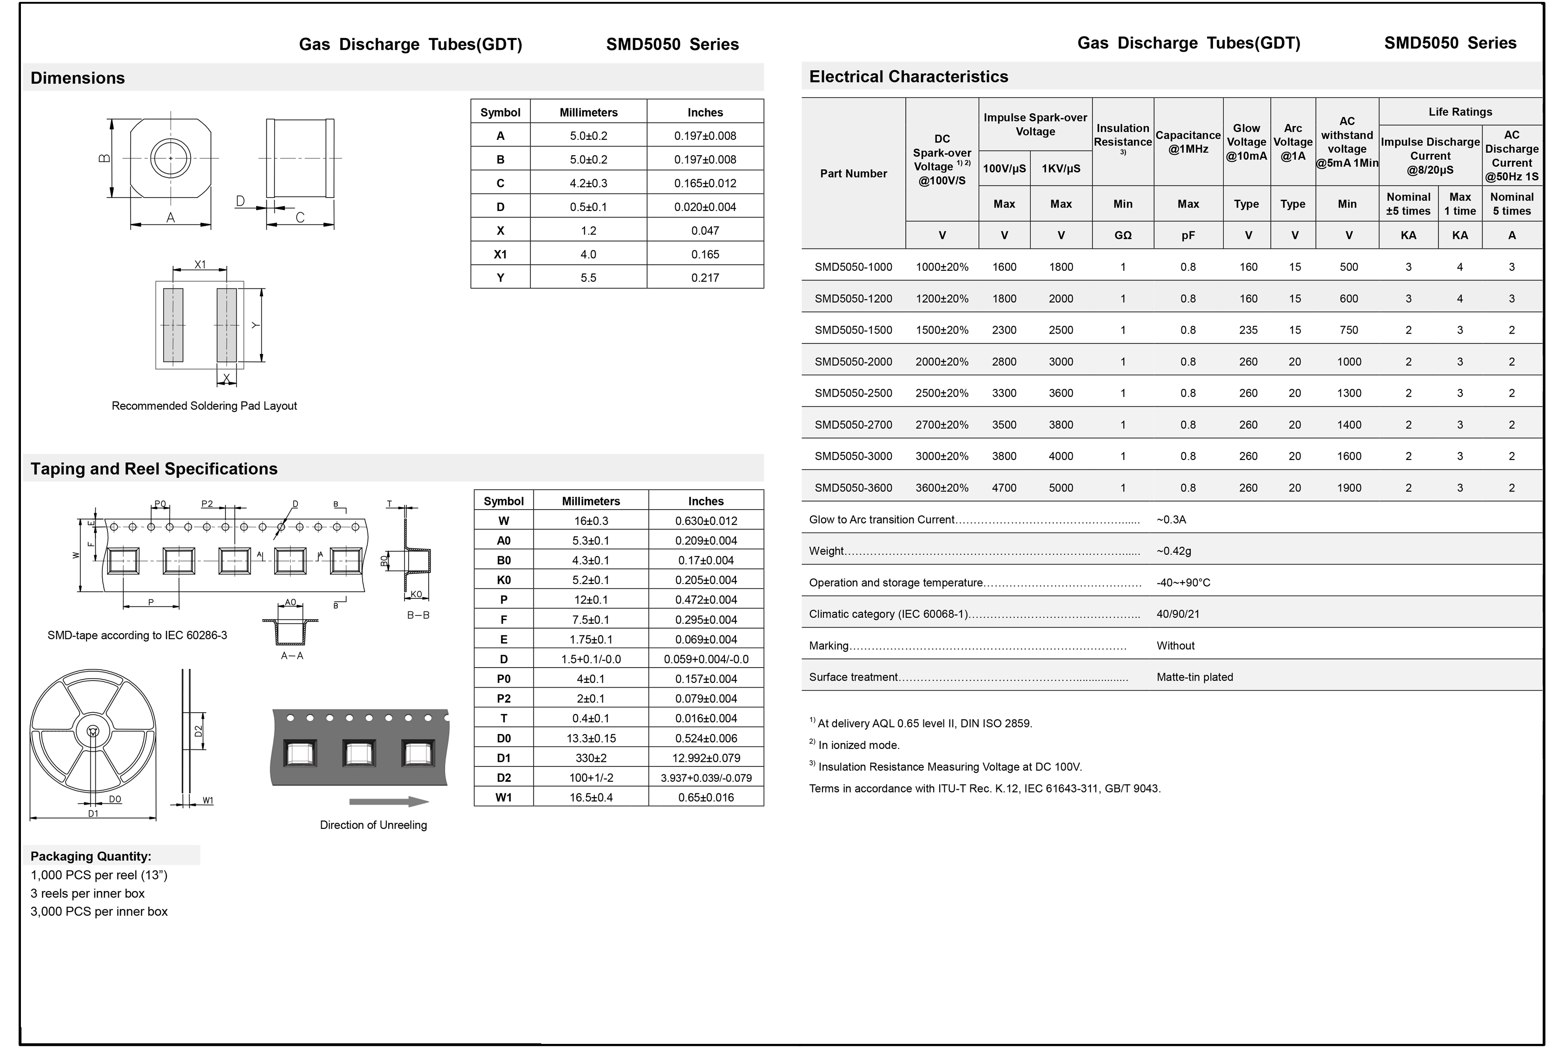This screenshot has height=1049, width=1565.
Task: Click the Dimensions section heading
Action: click(x=78, y=78)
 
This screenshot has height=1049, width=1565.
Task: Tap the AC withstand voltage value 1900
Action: click(x=1348, y=488)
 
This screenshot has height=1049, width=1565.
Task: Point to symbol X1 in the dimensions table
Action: click(x=500, y=254)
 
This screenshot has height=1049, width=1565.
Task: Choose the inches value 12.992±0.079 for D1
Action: click(x=705, y=758)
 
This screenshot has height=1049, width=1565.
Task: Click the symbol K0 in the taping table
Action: click(x=504, y=580)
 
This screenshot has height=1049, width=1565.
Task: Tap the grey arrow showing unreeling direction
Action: click(x=388, y=801)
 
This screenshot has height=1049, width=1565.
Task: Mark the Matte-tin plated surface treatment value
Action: click(x=1194, y=677)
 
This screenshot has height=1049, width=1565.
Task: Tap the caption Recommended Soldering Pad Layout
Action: click(x=204, y=406)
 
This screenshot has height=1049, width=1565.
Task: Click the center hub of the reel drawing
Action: click(x=93, y=731)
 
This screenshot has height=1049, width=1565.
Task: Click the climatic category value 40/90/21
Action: click(x=1177, y=614)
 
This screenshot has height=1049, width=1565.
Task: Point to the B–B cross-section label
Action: click(x=418, y=615)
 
